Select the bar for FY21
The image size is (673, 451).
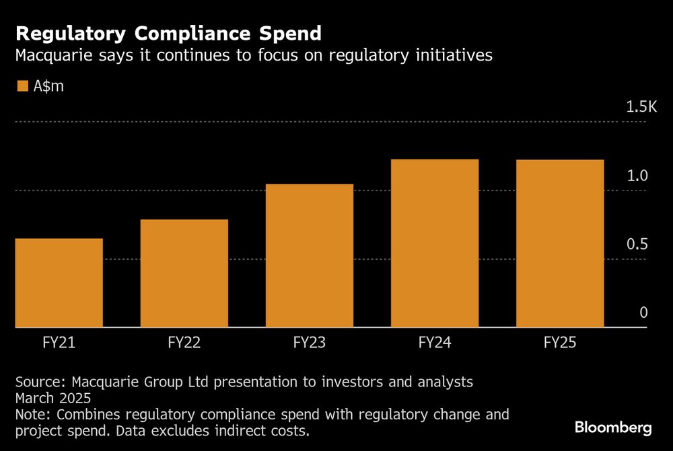tap(59, 283)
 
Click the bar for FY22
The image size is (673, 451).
tap(184, 273)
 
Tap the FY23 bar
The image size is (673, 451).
tap(310, 256)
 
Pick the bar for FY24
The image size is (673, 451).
tap(435, 243)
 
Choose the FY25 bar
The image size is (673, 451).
tap(560, 243)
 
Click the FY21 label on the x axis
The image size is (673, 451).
tap(59, 343)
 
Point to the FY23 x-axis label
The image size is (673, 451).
tap(310, 343)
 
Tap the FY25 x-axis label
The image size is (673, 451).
tap(560, 343)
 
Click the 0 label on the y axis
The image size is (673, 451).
tap(643, 313)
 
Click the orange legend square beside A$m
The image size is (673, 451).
tap(22, 86)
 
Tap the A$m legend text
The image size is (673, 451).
tap(48, 86)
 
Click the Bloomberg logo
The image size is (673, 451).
tap(612, 427)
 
